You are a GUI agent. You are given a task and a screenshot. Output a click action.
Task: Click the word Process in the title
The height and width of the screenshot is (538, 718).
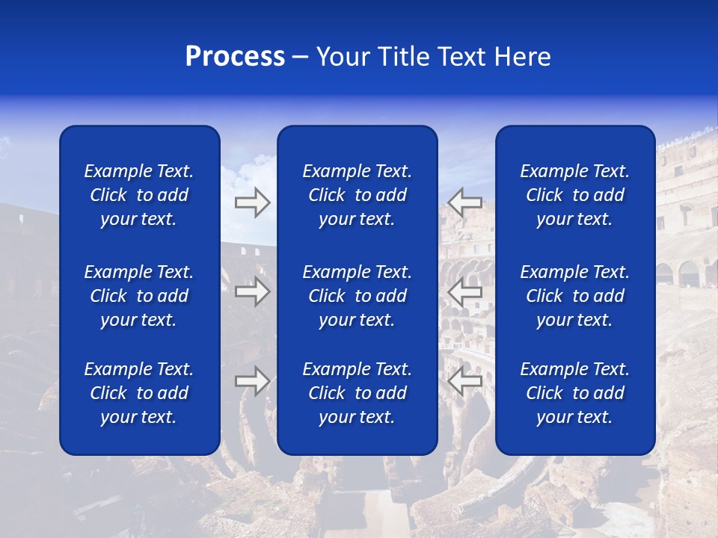click(x=235, y=57)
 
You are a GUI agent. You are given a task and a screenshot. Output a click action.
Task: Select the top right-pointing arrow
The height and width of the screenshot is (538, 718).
click(x=253, y=202)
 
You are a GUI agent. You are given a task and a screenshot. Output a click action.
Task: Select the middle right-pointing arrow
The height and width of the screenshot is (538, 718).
click(x=253, y=291)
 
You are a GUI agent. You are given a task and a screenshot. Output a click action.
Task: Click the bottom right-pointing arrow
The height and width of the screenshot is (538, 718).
click(x=253, y=380)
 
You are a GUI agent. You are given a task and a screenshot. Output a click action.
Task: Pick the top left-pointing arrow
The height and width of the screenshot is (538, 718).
click(x=464, y=202)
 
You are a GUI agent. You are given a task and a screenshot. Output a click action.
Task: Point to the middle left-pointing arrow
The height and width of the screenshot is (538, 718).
click(x=464, y=291)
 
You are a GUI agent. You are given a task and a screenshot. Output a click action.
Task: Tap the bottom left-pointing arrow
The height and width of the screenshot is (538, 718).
click(x=464, y=380)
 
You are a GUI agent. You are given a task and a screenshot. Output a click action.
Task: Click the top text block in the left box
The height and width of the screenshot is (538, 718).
click(x=139, y=195)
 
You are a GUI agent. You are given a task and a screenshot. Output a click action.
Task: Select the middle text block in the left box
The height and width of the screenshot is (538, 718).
click(x=139, y=296)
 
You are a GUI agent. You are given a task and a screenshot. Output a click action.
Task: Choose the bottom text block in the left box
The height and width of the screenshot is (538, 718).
click(x=139, y=393)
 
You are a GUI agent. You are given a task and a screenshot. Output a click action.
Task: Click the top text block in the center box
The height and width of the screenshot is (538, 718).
click(x=358, y=195)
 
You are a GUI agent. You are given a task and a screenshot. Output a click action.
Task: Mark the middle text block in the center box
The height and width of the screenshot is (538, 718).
click(x=358, y=296)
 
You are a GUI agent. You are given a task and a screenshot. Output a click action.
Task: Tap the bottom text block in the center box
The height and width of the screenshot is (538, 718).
click(x=358, y=393)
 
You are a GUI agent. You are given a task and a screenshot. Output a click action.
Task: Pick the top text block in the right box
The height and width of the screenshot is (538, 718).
click(x=575, y=195)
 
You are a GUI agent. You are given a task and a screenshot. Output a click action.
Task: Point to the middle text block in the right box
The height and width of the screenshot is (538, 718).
click(x=575, y=296)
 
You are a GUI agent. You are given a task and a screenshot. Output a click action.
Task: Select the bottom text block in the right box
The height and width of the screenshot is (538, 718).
click(x=575, y=393)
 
